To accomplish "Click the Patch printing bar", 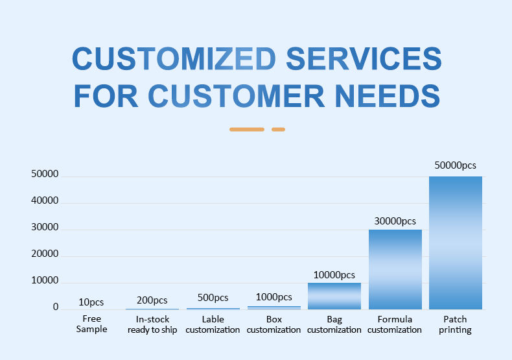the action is tap(456, 243).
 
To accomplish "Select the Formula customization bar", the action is tap(395, 269).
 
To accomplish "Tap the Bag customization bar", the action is tap(334, 296).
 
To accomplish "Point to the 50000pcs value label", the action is tap(455, 165).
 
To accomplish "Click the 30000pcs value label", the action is tap(395, 221).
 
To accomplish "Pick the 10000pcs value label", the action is tap(334, 275).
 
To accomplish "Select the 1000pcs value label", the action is tap(274, 297).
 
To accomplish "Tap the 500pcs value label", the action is tap(213, 298).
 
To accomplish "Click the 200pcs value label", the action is tap(152, 300).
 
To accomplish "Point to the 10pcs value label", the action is tap(91, 302).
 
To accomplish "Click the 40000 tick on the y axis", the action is tap(45, 200).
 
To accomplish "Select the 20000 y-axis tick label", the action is tap(45, 254).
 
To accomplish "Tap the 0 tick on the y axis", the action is tap(56, 307).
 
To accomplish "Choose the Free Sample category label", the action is tap(91, 324).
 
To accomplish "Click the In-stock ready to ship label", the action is tap(152, 324).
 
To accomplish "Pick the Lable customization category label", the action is tap(213, 324).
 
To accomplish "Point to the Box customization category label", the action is tap(273, 324).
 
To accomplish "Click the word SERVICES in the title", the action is tap(364, 58).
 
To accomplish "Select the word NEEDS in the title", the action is tap(388, 96).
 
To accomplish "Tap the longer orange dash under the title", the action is tap(247, 129).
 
